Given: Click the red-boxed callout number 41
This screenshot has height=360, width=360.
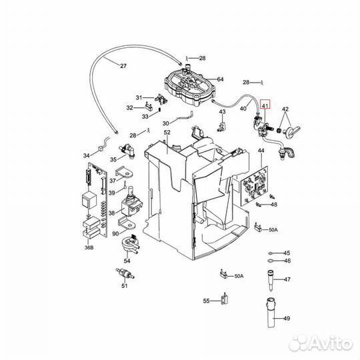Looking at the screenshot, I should (x=266, y=105).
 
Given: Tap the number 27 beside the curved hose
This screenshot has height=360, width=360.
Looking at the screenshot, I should (x=123, y=66).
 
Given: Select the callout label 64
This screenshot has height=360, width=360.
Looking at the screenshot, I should (x=220, y=79).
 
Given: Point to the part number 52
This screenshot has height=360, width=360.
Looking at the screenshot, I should (x=167, y=132).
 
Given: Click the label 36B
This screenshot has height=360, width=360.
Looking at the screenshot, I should (x=88, y=249).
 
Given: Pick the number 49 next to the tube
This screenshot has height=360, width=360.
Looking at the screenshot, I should (x=287, y=318).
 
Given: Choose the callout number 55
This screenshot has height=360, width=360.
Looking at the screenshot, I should (x=206, y=301).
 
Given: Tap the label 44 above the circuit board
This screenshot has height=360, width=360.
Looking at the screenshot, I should (x=261, y=152).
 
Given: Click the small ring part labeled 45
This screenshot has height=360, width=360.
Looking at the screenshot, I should (x=270, y=253).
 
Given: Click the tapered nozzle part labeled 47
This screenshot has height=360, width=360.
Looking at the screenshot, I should (x=271, y=280).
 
